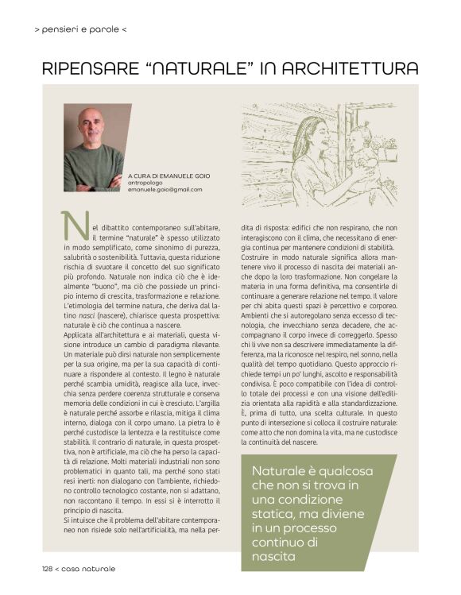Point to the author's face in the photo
point(92,126)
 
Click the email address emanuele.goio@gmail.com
point(165,191)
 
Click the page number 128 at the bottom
point(50,569)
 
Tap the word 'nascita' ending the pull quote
point(275,557)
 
